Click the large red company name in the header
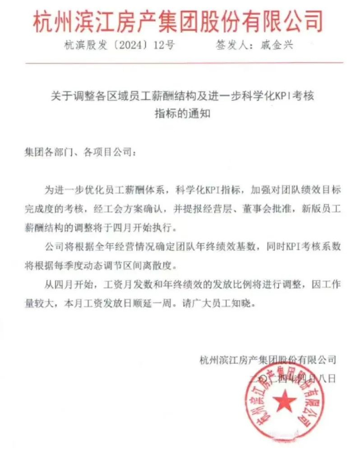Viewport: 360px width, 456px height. point(179,22)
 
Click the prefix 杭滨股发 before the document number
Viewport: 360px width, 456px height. point(84,46)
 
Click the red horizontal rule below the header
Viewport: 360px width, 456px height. point(179,62)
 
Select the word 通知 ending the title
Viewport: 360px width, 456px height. point(201,114)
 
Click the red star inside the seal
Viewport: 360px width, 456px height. point(282,400)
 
